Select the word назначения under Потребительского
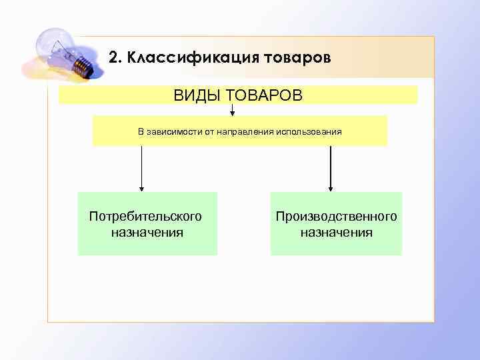(x=147, y=233)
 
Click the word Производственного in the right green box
(x=337, y=217)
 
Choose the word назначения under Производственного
(x=336, y=233)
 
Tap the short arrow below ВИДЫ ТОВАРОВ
(x=232, y=109)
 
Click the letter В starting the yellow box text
(x=141, y=131)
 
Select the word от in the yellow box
(x=209, y=131)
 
